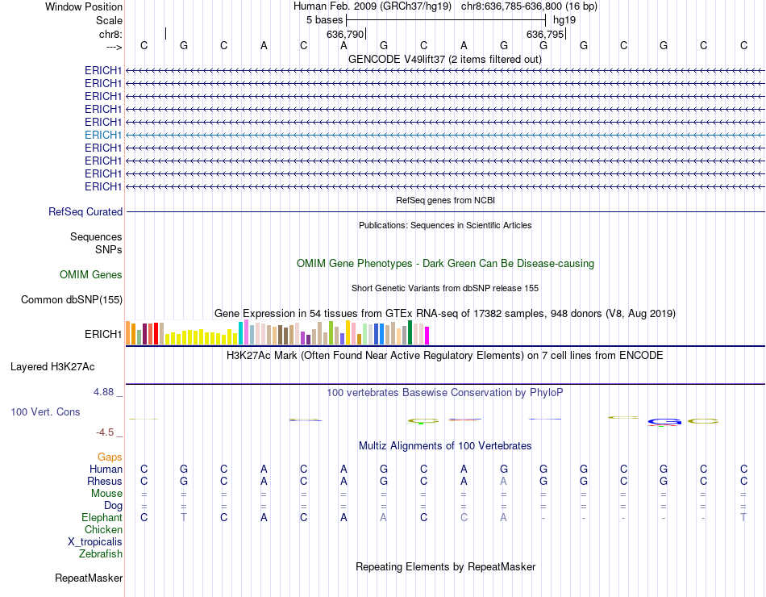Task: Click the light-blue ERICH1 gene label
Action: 103,135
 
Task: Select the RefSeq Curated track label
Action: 85,211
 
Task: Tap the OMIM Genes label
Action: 91,274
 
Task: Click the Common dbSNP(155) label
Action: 72,299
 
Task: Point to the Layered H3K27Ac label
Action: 52,366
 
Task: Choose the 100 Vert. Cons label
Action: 45,411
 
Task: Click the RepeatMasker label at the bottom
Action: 89,578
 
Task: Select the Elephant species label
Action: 102,517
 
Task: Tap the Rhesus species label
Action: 105,481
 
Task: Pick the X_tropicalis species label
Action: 95,541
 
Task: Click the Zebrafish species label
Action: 101,553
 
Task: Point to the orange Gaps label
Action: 110,457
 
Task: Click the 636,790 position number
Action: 345,35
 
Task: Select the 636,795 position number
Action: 545,35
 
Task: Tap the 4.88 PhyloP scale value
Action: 107,392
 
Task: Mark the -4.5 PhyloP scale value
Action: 109,432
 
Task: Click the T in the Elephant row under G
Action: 184,517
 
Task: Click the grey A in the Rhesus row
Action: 504,481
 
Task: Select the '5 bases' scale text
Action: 324,19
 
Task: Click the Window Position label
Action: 84,6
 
